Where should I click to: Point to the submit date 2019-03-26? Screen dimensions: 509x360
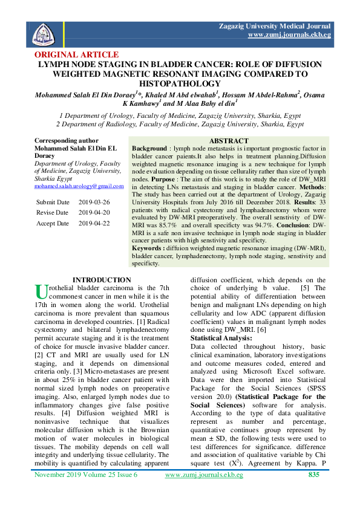94,201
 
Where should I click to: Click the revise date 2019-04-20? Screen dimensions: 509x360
94,212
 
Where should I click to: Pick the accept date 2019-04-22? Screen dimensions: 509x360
94,223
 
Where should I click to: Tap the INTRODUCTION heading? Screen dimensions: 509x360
101,279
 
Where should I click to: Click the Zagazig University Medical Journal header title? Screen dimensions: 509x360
275,27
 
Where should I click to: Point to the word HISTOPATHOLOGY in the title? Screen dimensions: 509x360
180,83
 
